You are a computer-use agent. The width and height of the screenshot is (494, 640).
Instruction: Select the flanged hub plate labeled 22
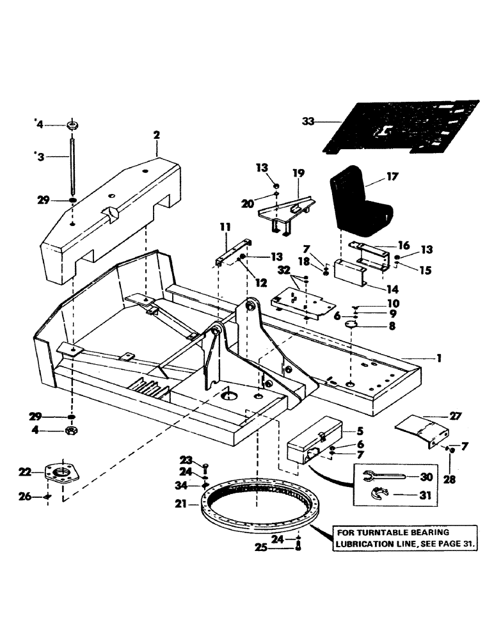coord(63,477)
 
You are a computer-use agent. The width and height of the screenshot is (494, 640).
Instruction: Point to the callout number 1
coord(439,358)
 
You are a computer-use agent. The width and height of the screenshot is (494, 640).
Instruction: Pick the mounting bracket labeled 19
coord(285,210)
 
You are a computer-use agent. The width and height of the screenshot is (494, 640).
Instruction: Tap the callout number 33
coord(308,120)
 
